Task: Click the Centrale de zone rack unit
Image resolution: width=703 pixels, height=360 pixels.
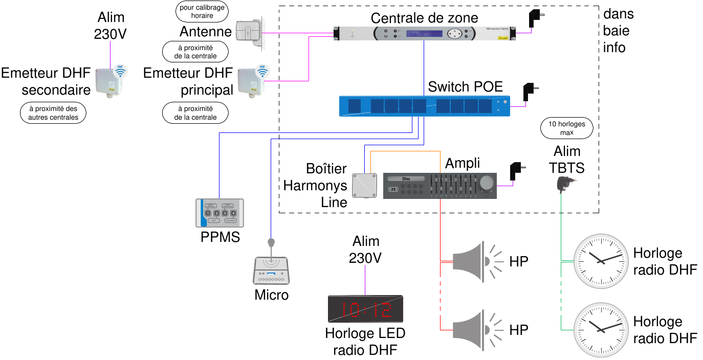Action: (424, 34)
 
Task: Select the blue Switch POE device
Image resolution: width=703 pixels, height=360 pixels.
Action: (425, 106)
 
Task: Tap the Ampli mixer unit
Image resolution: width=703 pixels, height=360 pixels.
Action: (440, 186)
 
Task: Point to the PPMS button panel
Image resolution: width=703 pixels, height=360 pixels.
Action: (219, 212)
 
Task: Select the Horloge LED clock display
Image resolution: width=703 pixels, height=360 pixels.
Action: (365, 309)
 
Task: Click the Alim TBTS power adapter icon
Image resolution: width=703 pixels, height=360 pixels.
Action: (566, 183)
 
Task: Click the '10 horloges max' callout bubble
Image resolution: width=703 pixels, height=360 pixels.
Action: (566, 128)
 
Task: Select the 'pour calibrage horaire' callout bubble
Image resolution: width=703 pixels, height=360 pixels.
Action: (203, 12)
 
